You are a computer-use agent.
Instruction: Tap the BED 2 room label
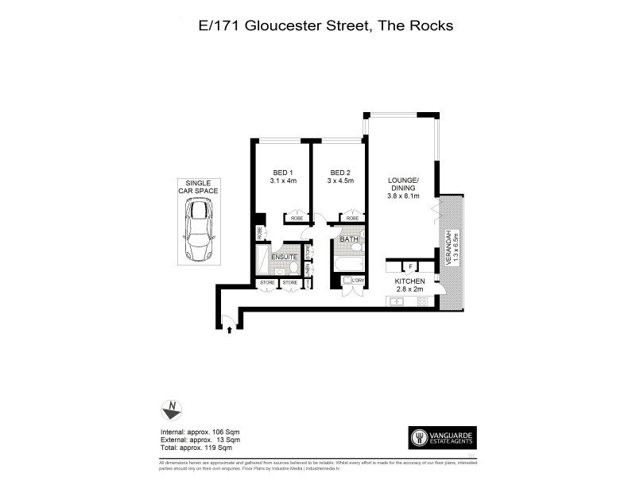coord(340,173)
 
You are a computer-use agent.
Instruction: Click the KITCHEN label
coord(412,282)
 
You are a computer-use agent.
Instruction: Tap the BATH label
coord(348,239)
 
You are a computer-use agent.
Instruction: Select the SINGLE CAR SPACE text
coord(197,187)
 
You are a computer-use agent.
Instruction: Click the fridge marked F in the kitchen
coord(410,267)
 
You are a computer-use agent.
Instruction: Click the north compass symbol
coord(171,411)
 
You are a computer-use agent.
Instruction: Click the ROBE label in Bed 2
coord(351,218)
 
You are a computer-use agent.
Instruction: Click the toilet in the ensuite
coord(292,268)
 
